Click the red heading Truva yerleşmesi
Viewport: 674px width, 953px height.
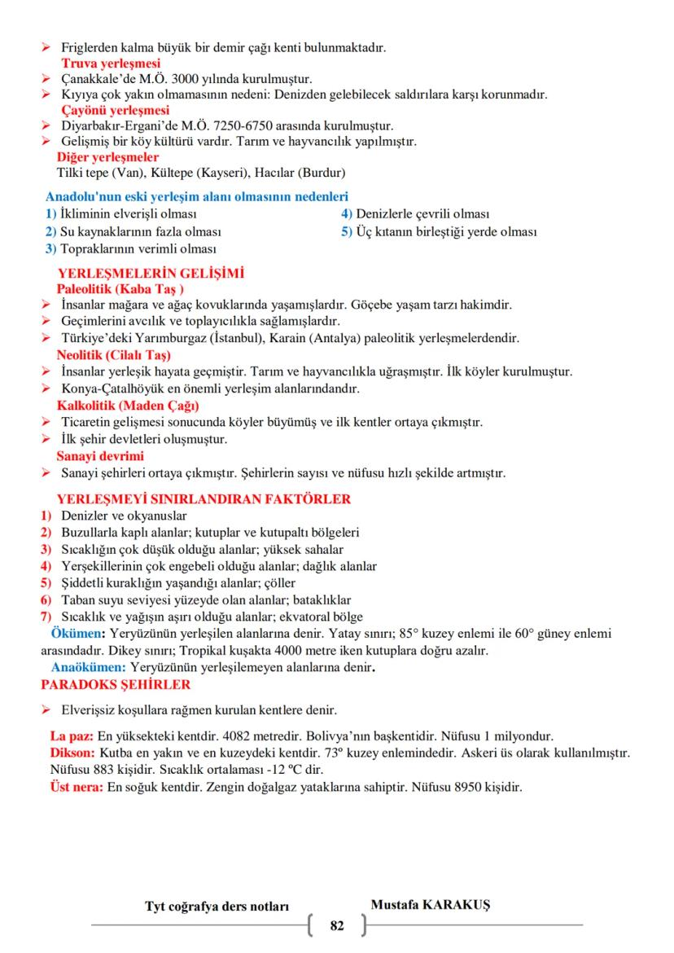(x=111, y=63)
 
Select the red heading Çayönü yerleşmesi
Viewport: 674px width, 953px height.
(x=115, y=109)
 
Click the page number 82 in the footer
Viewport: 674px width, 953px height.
(x=337, y=925)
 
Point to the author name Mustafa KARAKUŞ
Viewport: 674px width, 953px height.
(x=424, y=905)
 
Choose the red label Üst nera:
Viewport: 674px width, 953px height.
(x=77, y=788)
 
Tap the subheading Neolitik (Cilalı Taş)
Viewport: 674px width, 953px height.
(x=114, y=355)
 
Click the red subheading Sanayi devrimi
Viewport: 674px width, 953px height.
(x=99, y=455)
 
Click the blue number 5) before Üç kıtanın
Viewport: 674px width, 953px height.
(x=346, y=231)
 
